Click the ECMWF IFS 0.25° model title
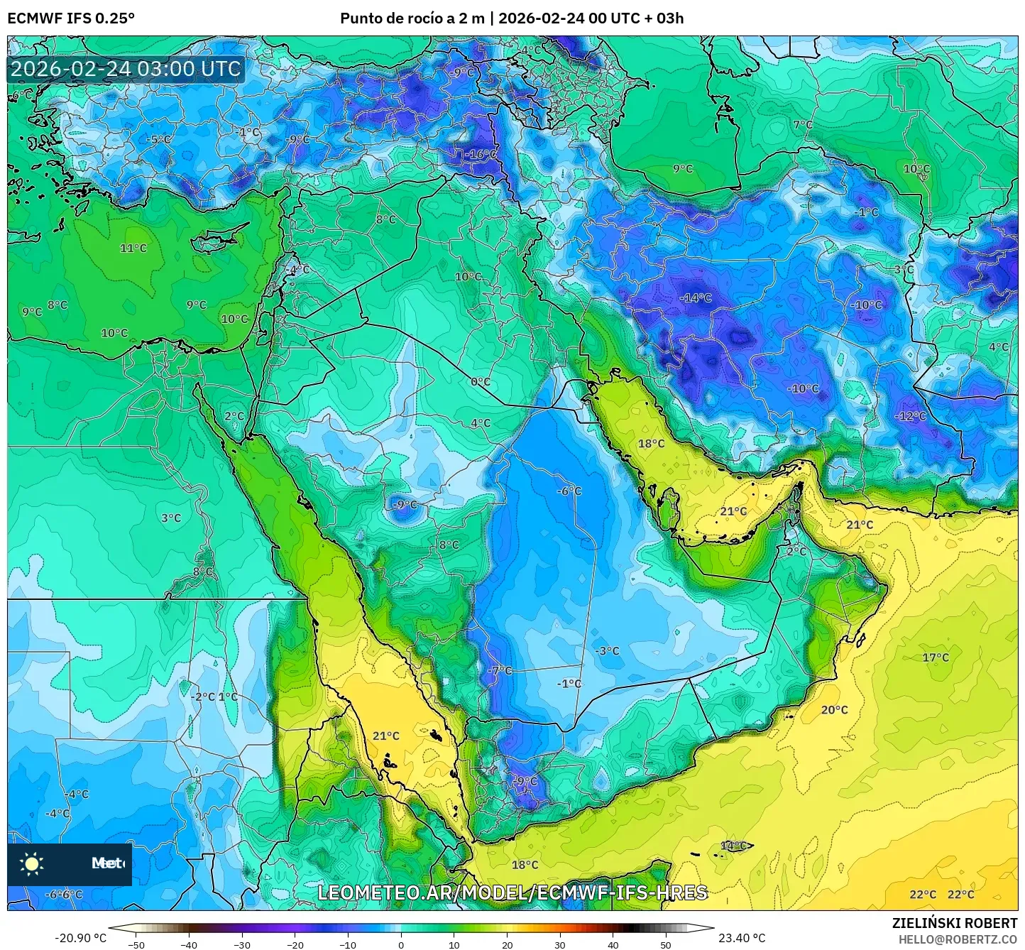[71, 18]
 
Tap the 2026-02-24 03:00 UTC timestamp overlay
[126, 69]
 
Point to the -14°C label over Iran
[695, 297]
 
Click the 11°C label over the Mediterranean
[133, 248]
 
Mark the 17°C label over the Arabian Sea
[935, 657]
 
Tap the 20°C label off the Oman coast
[834, 709]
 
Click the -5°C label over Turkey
[158, 139]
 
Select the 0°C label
[481, 381]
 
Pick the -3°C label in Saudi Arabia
[608, 650]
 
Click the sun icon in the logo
[32, 864]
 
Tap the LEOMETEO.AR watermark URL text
[512, 892]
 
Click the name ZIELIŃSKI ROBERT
[955, 923]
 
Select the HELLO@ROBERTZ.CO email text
[958, 939]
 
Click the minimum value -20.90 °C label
[80, 938]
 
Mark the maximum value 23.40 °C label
[742, 938]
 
